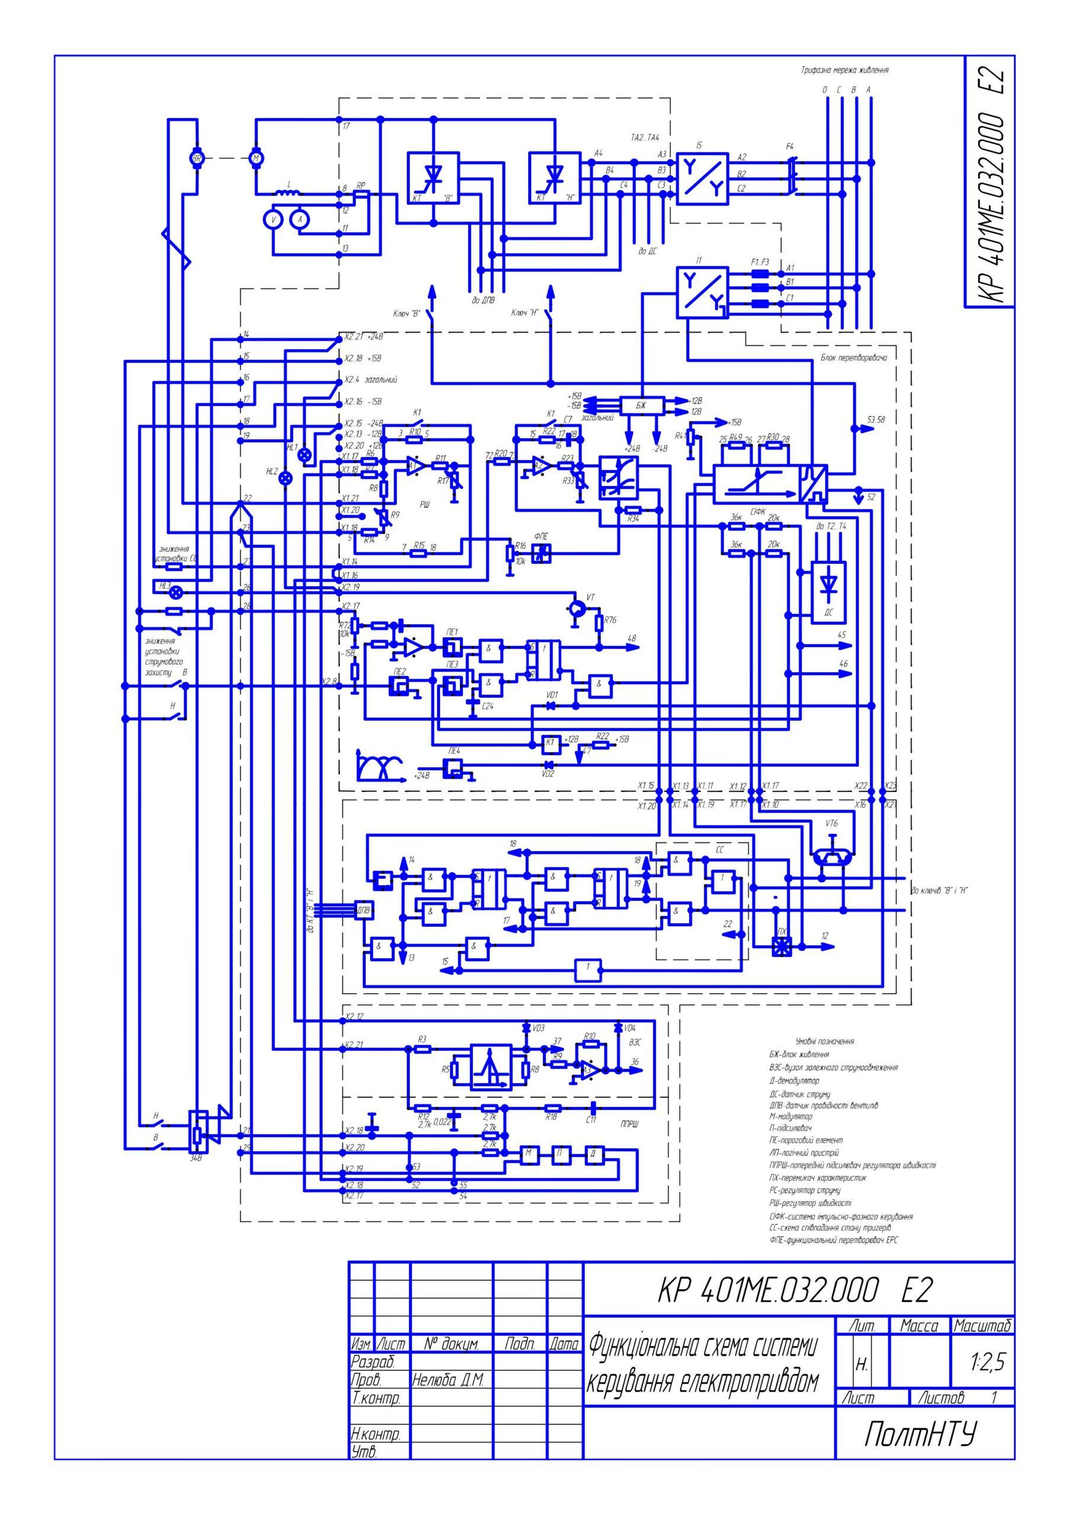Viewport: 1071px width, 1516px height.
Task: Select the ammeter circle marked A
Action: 300,220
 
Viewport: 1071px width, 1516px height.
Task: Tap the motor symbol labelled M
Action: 256,158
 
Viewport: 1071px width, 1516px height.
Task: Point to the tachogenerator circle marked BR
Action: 197,158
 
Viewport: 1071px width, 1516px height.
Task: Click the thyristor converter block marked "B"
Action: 433,178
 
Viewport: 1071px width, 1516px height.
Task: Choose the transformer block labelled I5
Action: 701,179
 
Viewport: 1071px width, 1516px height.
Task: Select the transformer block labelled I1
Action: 701,292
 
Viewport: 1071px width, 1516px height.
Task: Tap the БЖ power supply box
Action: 641,404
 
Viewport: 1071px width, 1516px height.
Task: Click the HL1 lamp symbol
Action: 304,455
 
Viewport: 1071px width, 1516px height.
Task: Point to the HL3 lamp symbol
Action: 176,593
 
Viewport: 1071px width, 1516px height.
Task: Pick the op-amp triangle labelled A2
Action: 542,465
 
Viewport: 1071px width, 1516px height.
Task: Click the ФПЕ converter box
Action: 542,553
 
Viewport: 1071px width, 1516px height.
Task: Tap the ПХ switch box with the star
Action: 783,947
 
